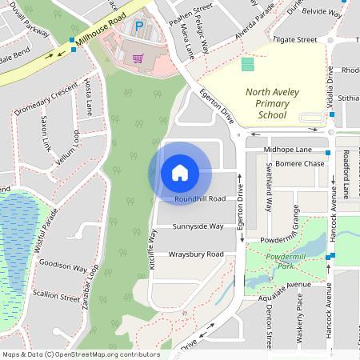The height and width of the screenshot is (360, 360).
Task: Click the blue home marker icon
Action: point(180,172)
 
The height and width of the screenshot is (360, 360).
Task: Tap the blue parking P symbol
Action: point(138,26)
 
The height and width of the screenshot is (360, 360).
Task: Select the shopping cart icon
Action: point(138,58)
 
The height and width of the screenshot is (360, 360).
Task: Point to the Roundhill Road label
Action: point(200,198)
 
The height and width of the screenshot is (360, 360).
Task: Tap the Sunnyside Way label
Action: point(198,226)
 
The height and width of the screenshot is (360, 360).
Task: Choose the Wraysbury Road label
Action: point(196,254)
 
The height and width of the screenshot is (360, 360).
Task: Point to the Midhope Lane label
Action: point(293,150)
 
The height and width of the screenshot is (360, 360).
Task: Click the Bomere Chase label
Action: point(300,164)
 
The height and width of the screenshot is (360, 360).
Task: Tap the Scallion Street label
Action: point(57,295)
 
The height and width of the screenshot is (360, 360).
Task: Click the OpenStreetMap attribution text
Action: point(81,354)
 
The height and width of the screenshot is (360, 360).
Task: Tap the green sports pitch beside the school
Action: point(246,64)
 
